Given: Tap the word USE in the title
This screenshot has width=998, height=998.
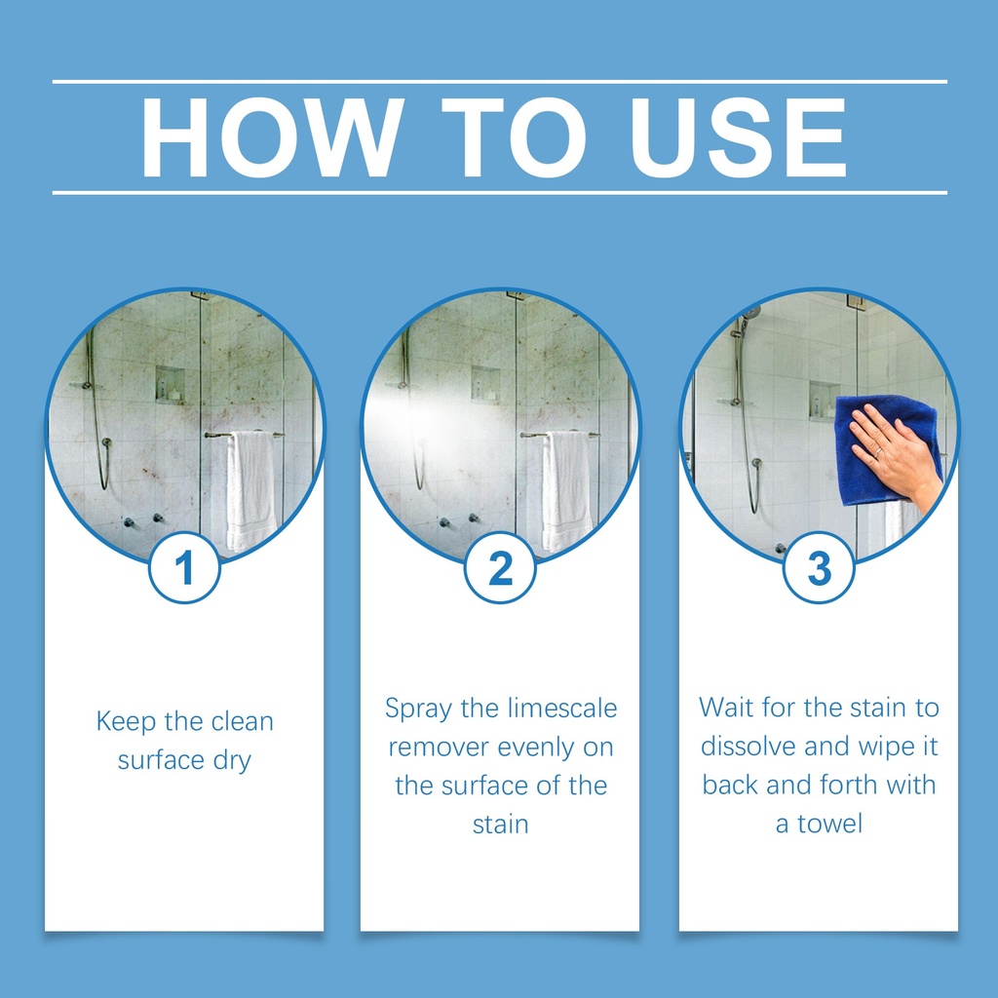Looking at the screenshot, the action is coord(738,137).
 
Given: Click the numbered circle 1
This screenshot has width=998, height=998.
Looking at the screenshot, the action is coord(184,567).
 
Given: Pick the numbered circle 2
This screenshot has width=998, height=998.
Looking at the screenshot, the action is coord(500,567).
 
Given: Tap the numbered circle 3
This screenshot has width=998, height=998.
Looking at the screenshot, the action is coord(819,567).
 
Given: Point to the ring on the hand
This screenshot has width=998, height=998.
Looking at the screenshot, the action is coord(878,452).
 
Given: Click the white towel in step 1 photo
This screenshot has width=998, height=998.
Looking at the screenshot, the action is coord(250,490).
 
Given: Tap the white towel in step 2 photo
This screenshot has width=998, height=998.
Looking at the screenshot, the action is coord(566,490).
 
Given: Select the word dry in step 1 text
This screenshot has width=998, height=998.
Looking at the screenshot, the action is coord(232,761).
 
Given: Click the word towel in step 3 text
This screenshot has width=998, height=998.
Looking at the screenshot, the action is coord(830,824).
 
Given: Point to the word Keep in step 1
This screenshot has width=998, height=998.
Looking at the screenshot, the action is coord(126,722).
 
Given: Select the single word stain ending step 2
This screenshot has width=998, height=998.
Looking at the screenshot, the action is coord(500,825).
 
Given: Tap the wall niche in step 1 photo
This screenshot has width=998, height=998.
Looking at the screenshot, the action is coord(170,384).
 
